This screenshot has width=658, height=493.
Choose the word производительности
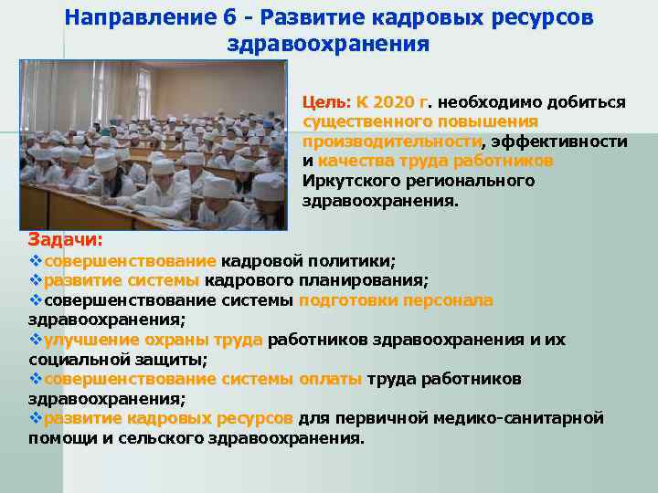(392, 141)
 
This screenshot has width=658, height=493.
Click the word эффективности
(560, 141)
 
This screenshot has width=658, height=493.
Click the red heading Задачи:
(65, 239)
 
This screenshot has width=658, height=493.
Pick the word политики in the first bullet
(347, 260)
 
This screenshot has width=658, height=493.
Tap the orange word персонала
(451, 299)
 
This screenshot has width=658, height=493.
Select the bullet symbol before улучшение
(36, 340)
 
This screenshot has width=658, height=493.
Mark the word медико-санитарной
(525, 417)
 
